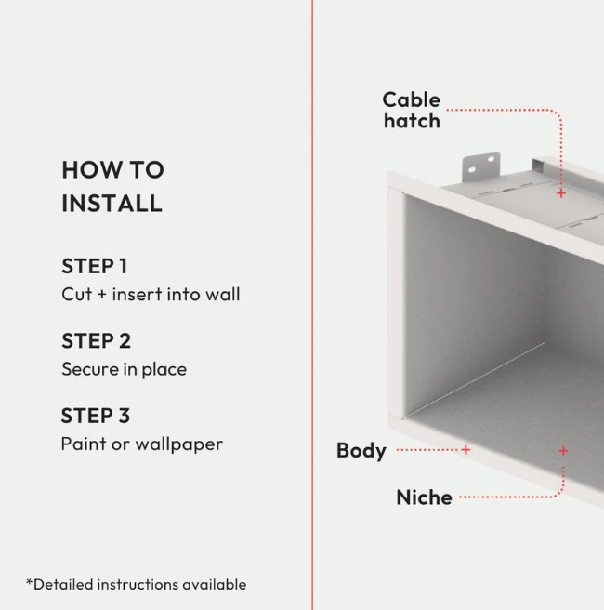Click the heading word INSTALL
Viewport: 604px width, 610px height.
pyautogui.click(x=112, y=203)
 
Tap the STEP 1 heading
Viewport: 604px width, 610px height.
pyautogui.click(x=95, y=266)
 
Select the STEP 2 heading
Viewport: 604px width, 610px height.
pyautogui.click(x=96, y=340)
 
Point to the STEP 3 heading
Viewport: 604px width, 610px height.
pyautogui.click(x=96, y=416)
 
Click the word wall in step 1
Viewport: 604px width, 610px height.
pyautogui.click(x=223, y=294)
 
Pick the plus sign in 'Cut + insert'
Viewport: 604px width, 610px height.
pyautogui.click(x=102, y=295)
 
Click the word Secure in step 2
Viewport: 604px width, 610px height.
pyautogui.click(x=90, y=369)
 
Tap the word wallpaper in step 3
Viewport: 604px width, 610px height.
pyautogui.click(x=178, y=444)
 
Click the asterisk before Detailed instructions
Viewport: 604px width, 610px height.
pyautogui.click(x=29, y=582)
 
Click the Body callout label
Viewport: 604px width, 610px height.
pyautogui.click(x=361, y=451)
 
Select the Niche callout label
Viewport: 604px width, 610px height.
pyautogui.click(x=424, y=497)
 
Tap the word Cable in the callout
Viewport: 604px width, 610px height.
pyautogui.click(x=412, y=100)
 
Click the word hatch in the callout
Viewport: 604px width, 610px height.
pyautogui.click(x=412, y=121)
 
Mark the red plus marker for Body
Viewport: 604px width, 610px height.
pyautogui.click(x=466, y=450)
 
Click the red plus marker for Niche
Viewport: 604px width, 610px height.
pyautogui.click(x=563, y=451)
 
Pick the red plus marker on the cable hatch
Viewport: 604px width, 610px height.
pyautogui.click(x=561, y=193)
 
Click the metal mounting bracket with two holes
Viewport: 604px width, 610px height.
pyautogui.click(x=480, y=166)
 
